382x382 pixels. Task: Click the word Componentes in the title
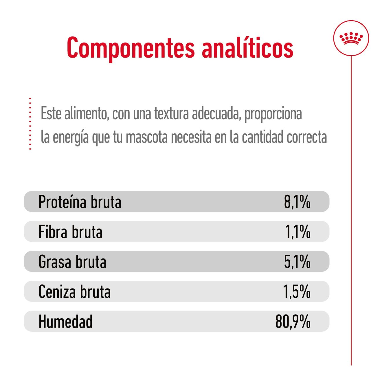pos(131,48)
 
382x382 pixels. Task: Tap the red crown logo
pos(351,38)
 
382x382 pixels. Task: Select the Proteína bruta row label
pos(80,202)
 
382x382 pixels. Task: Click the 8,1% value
pos(297,202)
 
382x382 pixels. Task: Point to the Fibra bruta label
pos(70,232)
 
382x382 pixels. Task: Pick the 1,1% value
pos(297,232)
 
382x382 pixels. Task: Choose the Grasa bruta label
pos(72,262)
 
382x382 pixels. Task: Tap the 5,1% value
pos(297,262)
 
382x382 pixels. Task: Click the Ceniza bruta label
pos(74,291)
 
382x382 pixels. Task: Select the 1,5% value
pos(297,291)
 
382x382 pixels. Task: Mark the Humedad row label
pos(65,322)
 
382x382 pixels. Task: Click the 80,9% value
pos(293,322)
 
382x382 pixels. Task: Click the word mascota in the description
pos(146,137)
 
